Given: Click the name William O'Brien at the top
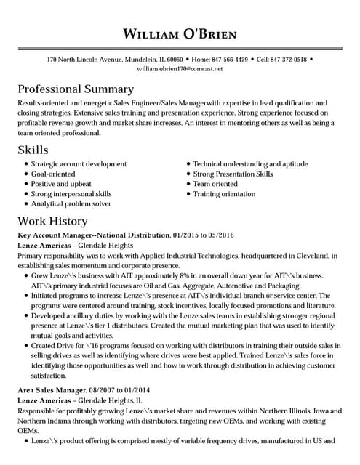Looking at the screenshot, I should (180, 34).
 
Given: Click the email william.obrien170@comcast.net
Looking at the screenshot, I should (180, 68).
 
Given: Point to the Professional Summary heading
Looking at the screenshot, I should (76, 89).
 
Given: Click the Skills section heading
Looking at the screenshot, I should (33, 150).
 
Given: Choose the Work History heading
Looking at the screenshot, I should (52, 221).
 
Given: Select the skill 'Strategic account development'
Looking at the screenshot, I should (79, 164).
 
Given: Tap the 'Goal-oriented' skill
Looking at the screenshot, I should (53, 174).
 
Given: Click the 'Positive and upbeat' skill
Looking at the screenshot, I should (61, 185).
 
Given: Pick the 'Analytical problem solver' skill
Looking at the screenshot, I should (71, 204).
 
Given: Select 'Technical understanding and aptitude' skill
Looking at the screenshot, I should (250, 164).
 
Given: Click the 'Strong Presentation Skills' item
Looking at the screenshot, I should (233, 174).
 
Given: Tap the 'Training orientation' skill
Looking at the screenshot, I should (224, 194).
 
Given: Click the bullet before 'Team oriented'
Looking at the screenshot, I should (188, 185).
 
